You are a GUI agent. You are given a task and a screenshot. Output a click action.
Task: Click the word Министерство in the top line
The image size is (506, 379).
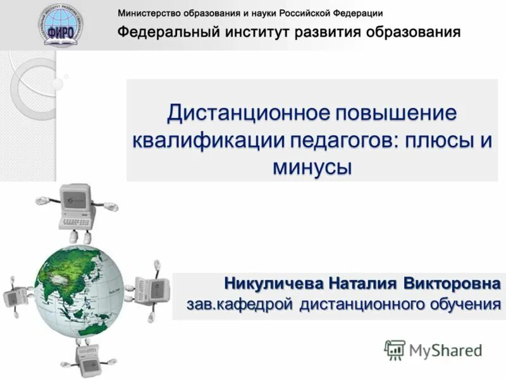[150, 13]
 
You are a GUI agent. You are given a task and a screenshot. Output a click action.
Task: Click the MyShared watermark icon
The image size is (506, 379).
[395, 350]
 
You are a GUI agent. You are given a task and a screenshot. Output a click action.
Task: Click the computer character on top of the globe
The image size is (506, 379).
[76, 208]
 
